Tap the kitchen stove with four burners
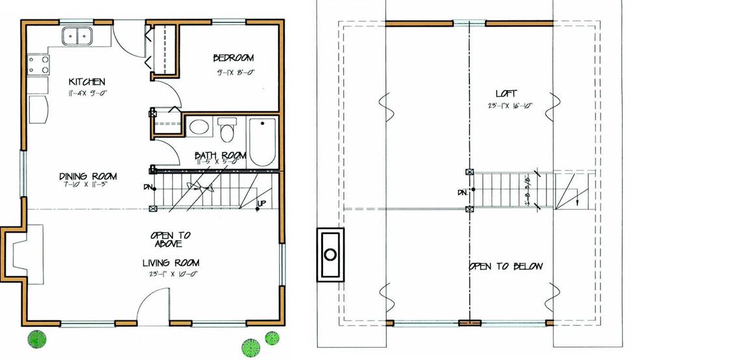(38, 64)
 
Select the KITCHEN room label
(87, 82)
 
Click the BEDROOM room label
(233, 58)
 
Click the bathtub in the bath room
(263, 141)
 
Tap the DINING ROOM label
(88, 176)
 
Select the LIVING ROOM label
(171, 263)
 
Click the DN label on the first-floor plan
(148, 187)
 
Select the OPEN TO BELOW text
(506, 266)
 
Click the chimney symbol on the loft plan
(330, 253)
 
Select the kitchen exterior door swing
(127, 39)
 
